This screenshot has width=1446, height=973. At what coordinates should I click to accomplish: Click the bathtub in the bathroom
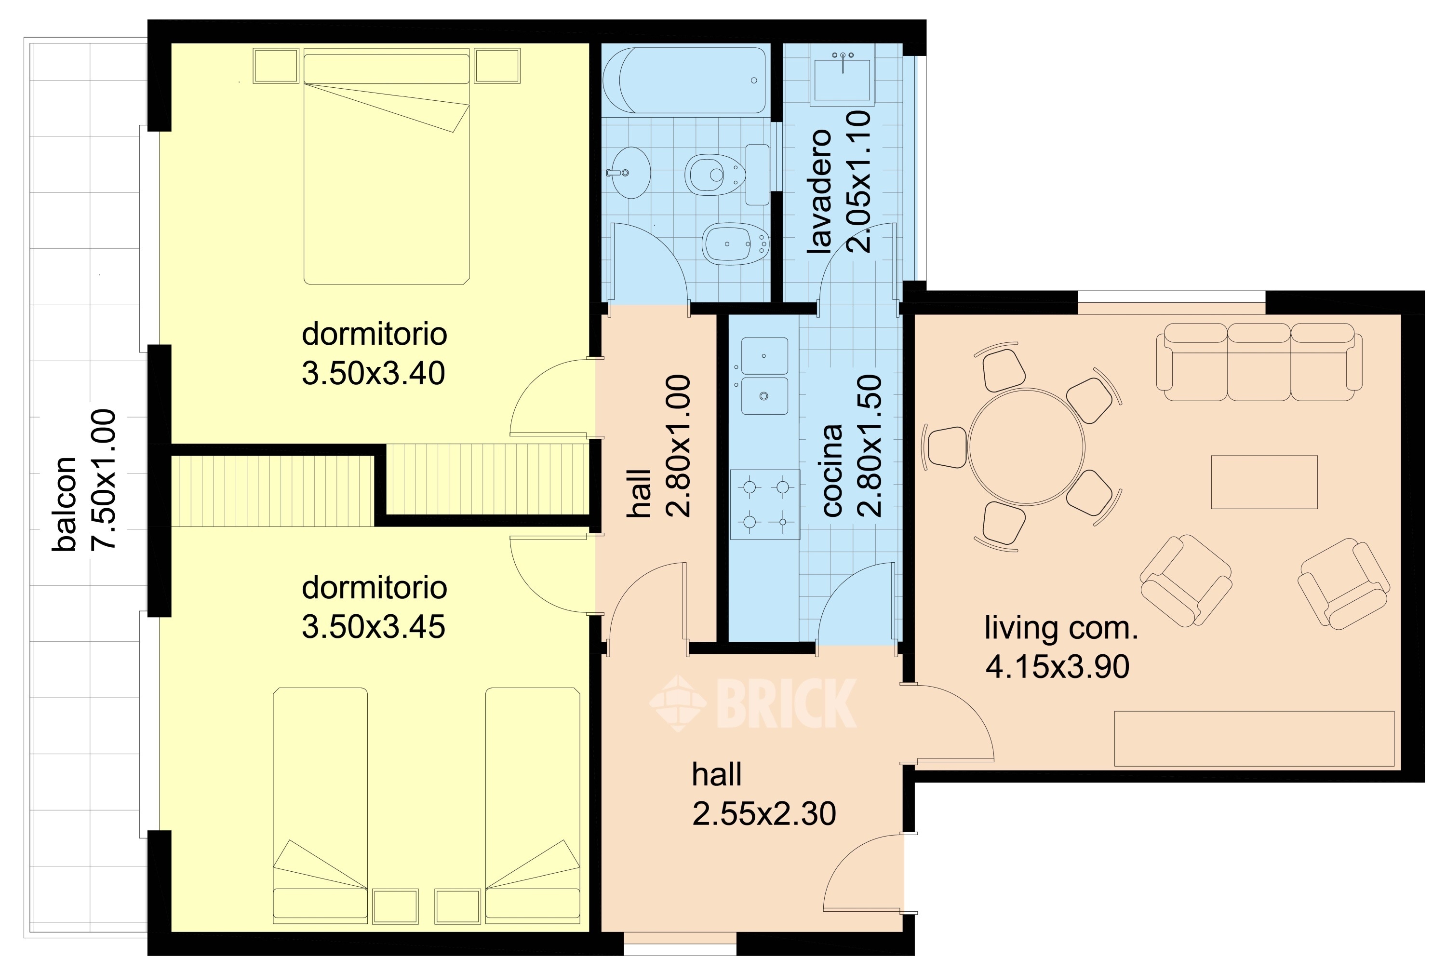click(684, 81)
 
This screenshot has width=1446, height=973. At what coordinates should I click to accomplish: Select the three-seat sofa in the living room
click(1259, 363)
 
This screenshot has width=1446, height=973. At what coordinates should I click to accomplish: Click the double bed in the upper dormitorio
click(387, 169)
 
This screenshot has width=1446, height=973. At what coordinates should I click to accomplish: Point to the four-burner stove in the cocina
click(765, 504)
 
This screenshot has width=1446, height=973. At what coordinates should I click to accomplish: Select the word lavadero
click(818, 192)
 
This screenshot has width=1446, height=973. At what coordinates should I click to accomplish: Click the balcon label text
click(64, 504)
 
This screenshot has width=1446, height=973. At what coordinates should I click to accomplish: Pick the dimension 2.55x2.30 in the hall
click(763, 813)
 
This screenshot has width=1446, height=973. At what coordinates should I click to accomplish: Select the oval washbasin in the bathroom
click(629, 173)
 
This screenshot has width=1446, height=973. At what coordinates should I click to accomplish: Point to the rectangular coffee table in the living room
click(1264, 482)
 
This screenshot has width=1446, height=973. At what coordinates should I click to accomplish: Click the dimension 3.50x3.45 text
click(374, 627)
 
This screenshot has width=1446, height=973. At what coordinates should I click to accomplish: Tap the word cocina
click(832, 471)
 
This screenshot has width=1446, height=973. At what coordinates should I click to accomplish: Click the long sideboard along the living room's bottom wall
click(1254, 739)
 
